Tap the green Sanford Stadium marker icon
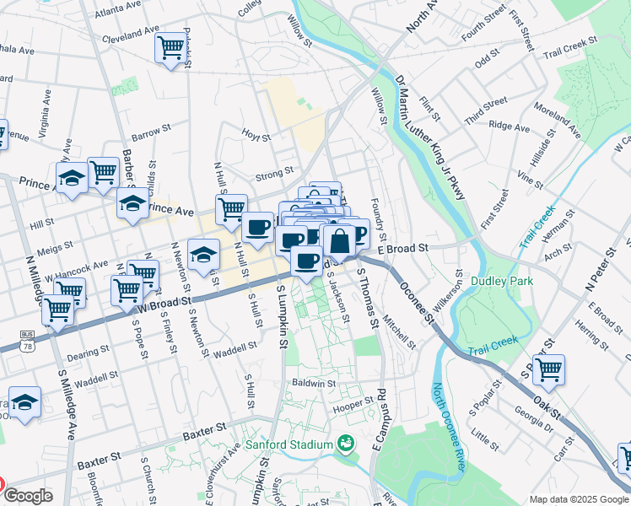point(344,443)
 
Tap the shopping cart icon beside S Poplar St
point(548,369)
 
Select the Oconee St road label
point(417,303)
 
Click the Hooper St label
point(353,406)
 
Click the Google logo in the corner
point(27,496)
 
